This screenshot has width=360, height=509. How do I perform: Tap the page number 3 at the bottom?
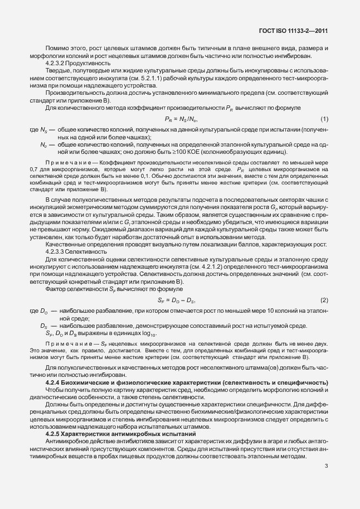(x=327, y=466)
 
